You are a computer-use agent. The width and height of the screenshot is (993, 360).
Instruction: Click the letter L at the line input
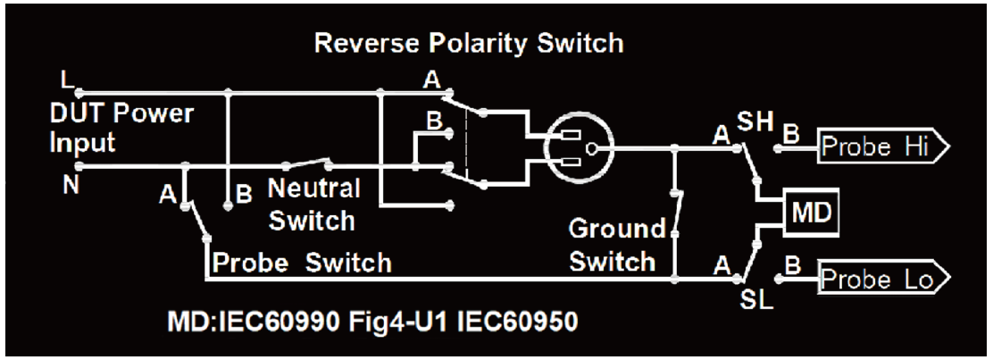pyautogui.click(x=65, y=79)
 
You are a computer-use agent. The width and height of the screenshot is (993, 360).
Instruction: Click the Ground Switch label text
pyautogui.click(x=615, y=247)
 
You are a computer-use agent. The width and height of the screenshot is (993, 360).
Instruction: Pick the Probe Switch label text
pyautogui.click(x=301, y=264)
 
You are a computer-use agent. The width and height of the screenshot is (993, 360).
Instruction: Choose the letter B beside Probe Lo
pyautogui.click(x=789, y=265)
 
